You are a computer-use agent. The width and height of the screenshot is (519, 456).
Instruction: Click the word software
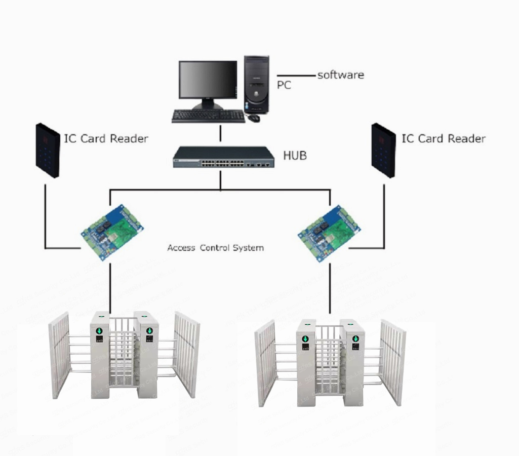tap(340, 75)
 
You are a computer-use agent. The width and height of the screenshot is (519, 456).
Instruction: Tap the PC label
tap(284, 85)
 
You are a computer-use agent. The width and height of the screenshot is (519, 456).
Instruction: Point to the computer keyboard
tap(208, 116)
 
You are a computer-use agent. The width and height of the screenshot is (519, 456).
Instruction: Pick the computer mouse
tap(253, 118)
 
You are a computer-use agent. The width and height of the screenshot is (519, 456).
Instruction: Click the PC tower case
tap(256, 84)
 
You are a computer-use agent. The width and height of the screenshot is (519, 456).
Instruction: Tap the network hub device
tap(223, 157)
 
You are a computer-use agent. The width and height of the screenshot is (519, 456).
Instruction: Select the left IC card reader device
tap(47, 150)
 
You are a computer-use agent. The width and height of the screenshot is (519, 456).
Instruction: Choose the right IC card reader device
tap(383, 150)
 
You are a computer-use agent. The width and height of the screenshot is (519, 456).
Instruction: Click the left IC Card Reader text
tap(106, 138)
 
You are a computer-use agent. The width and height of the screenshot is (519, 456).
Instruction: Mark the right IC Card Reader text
tap(443, 138)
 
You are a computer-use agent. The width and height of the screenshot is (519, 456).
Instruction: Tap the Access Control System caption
tap(215, 248)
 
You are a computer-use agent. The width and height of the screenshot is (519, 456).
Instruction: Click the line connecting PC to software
tap(296, 76)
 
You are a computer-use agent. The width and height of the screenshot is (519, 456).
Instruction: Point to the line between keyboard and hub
tap(220, 134)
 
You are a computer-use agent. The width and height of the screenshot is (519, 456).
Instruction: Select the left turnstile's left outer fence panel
tap(59, 355)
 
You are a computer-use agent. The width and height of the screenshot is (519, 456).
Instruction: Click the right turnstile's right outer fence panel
tap(393, 362)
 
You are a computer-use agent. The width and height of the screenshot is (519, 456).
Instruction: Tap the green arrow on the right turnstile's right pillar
tap(355, 338)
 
